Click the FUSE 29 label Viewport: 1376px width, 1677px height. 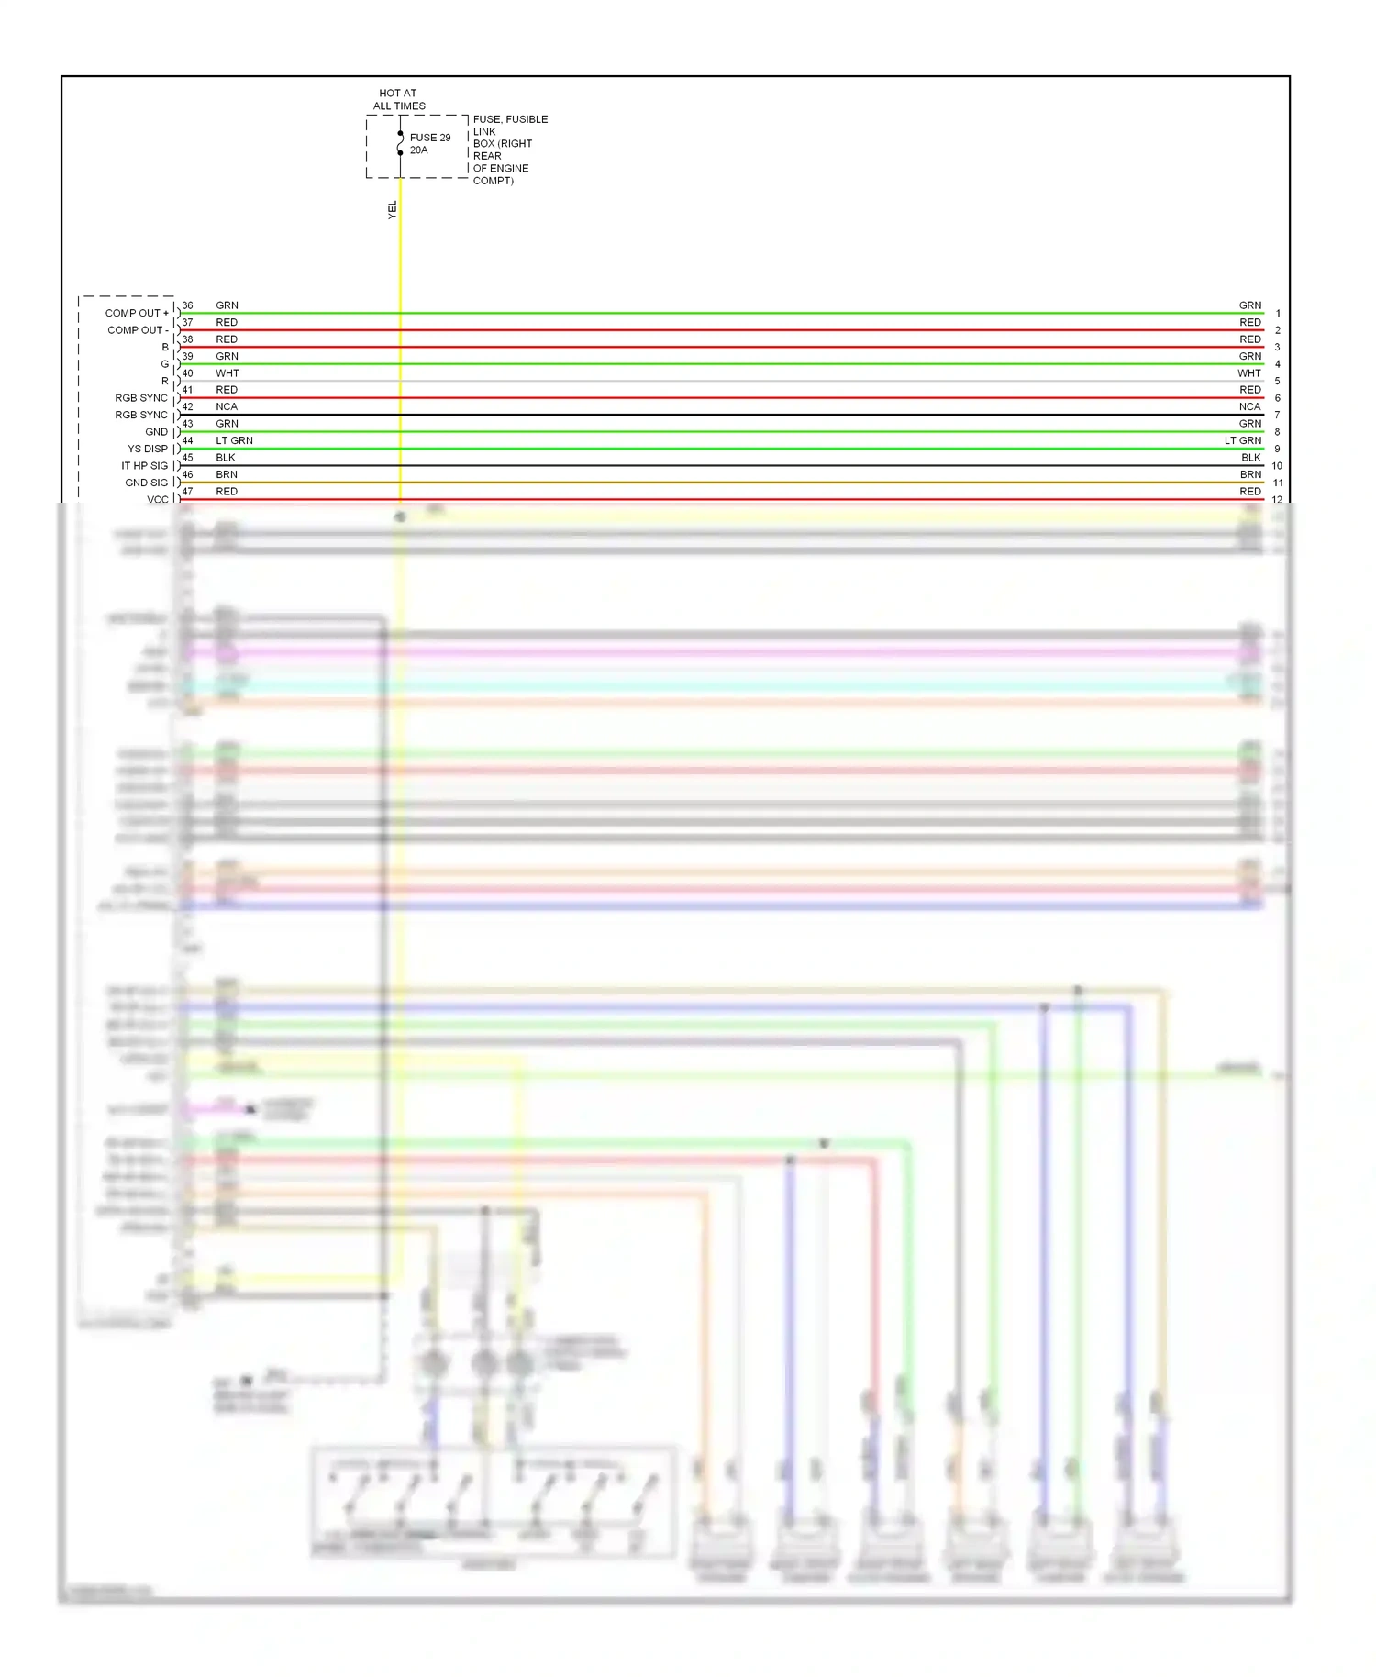[x=429, y=138]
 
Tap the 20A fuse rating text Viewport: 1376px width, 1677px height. [x=418, y=150]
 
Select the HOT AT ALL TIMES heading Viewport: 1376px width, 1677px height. [x=399, y=99]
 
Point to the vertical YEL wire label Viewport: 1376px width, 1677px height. [x=393, y=210]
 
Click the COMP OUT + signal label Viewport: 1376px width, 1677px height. [x=137, y=313]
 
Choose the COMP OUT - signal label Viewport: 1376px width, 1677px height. [x=138, y=330]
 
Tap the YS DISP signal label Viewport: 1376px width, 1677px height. [x=148, y=449]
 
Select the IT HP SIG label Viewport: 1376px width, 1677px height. [x=144, y=466]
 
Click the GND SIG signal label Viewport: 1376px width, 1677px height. [x=146, y=483]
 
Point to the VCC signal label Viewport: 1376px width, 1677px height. [x=158, y=499]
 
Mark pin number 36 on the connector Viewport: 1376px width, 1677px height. [x=187, y=305]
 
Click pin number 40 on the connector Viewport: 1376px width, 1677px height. [x=187, y=373]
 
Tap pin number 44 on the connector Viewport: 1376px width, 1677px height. [x=187, y=440]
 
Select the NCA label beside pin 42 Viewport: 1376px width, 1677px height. [x=227, y=406]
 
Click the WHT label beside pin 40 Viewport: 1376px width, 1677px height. [x=227, y=373]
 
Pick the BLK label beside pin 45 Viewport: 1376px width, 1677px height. [x=226, y=458]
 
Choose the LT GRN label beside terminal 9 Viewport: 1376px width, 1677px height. [x=1243, y=440]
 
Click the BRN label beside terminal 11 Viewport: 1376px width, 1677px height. [x=1250, y=474]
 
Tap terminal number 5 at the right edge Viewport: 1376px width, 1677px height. [x=1277, y=382]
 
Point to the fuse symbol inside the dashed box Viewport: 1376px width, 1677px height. [x=400, y=143]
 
